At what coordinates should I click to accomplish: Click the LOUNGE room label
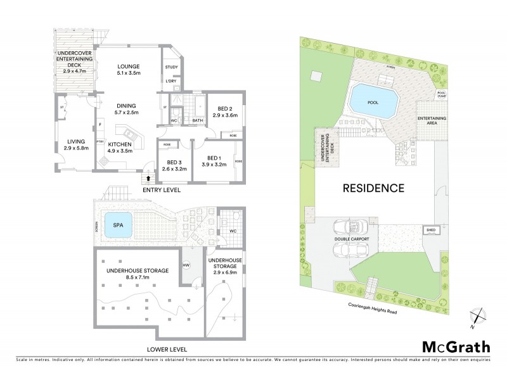click(129, 66)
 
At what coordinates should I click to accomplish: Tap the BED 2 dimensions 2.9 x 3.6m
click(224, 115)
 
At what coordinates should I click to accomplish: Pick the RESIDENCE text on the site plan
click(374, 188)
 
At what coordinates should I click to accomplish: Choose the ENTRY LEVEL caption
click(161, 189)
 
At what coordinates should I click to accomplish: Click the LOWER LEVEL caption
click(167, 349)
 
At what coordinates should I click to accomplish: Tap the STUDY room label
click(171, 67)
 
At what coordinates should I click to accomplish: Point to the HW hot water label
click(186, 265)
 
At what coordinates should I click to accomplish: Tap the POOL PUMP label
click(441, 94)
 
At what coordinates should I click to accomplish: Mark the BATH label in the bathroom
click(197, 120)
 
